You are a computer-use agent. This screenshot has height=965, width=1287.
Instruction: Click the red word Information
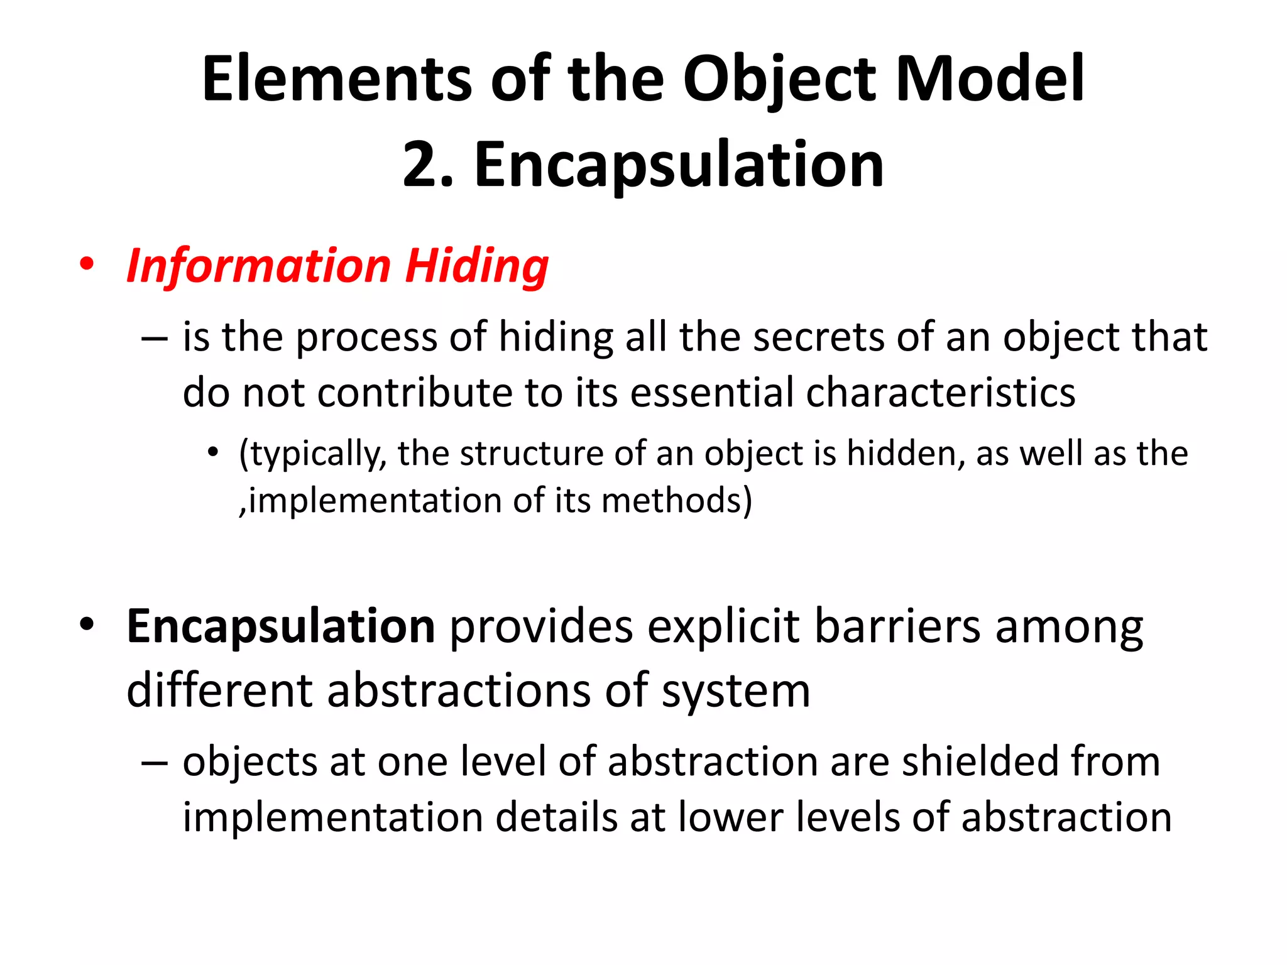pyautogui.click(x=258, y=266)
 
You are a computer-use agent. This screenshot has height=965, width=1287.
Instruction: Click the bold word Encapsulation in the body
pyautogui.click(x=280, y=626)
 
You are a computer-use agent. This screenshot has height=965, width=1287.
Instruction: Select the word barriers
pyautogui.click(x=897, y=626)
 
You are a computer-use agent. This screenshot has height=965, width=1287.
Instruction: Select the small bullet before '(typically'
pyautogui.click(x=214, y=452)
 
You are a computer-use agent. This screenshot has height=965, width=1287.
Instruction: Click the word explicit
pyautogui.click(x=723, y=626)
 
